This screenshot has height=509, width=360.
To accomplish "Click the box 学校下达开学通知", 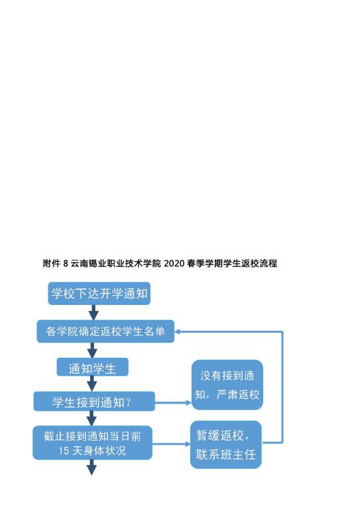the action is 99,294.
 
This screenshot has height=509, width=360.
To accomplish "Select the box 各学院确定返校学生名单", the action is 105,331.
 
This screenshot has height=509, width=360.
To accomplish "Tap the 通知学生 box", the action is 93,367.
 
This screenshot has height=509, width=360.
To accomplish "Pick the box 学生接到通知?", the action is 94,401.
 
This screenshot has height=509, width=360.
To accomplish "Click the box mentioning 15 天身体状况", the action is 93,443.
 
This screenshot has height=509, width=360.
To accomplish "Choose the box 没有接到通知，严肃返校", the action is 227,384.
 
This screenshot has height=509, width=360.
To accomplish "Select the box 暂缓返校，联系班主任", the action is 226,445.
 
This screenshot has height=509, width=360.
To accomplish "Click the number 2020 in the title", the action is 174,263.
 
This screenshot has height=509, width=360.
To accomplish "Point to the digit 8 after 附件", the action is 66,263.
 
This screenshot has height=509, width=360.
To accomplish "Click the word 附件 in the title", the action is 52,263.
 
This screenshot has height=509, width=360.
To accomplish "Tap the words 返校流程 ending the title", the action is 259,263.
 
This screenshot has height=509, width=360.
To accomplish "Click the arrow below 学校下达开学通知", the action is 93,313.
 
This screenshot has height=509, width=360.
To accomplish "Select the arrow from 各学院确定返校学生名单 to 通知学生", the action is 93,350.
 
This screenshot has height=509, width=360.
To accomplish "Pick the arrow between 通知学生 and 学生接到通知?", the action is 92,384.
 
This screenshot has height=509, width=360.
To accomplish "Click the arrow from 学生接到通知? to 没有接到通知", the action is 173,402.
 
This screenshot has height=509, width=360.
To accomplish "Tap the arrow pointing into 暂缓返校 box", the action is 172,444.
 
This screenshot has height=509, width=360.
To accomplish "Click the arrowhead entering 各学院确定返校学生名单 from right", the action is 178,331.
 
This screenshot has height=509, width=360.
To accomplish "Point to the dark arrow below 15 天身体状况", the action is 92,467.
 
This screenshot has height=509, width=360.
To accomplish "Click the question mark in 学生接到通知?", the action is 128,402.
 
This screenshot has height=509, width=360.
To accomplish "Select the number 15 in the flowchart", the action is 64,451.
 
